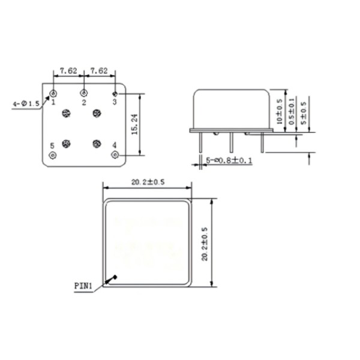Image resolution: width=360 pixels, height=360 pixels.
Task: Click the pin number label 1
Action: pyautogui.click(x=53, y=103)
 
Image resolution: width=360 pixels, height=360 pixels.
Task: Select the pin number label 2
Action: pyautogui.click(x=84, y=103)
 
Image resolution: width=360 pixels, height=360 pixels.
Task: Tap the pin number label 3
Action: pyautogui.click(x=115, y=103)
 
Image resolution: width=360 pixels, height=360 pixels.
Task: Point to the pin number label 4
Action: pyautogui.click(x=115, y=145)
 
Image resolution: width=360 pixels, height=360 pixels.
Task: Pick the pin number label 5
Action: pyautogui.click(x=52, y=145)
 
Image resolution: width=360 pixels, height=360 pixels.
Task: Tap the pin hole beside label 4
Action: pyautogui.click(x=115, y=155)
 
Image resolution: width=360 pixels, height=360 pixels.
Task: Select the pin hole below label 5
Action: pyautogui.click(x=53, y=155)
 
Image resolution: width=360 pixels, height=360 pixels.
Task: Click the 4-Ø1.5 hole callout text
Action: pyautogui.click(x=25, y=104)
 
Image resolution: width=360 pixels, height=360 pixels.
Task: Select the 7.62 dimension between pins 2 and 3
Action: pyautogui.click(x=99, y=71)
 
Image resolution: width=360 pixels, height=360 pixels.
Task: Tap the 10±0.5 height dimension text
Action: pyautogui.click(x=278, y=112)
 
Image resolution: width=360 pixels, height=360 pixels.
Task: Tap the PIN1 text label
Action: pyautogui.click(x=83, y=286)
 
